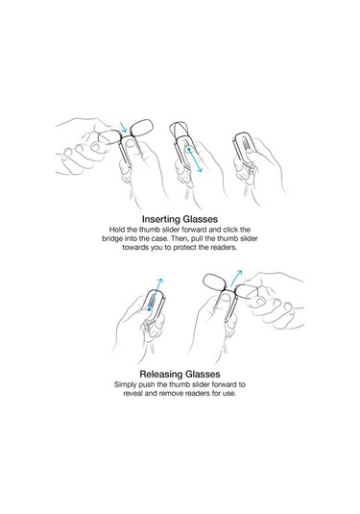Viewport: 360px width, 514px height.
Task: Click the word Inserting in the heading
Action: [x=161, y=219]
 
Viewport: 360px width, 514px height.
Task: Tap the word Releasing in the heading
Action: [x=161, y=374]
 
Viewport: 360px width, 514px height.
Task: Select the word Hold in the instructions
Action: [x=116, y=230]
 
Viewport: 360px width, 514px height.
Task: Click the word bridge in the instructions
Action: [x=110, y=238]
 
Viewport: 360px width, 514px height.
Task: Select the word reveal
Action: [x=132, y=393]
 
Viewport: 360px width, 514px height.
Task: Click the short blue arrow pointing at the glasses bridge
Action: [x=124, y=128]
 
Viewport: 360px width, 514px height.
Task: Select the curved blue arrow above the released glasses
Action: [x=235, y=277]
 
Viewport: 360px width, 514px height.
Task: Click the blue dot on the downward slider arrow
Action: [x=189, y=149]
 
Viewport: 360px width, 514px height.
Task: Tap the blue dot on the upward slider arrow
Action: [x=149, y=308]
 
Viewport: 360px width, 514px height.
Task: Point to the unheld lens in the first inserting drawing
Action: [x=141, y=127]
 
